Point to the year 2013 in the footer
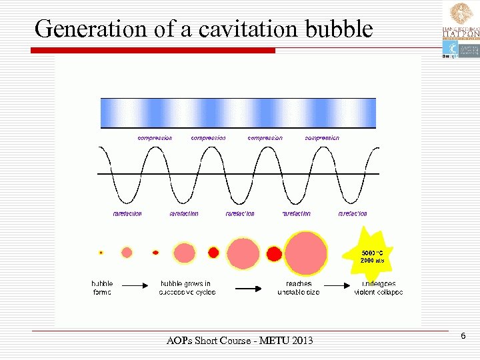[x=299, y=341]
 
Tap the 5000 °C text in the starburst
[x=372, y=253]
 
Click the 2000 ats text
[x=372, y=260]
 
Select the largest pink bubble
[x=306, y=253]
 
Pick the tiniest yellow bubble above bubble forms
[x=101, y=253]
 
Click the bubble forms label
[x=102, y=288]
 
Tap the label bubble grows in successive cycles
[x=187, y=288]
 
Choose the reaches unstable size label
[x=298, y=288]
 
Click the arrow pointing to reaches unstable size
[x=248, y=288]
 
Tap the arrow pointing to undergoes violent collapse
[x=341, y=285]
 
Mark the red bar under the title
[x=153, y=51]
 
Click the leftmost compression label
[x=155, y=138]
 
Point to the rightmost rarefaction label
[x=353, y=214]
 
